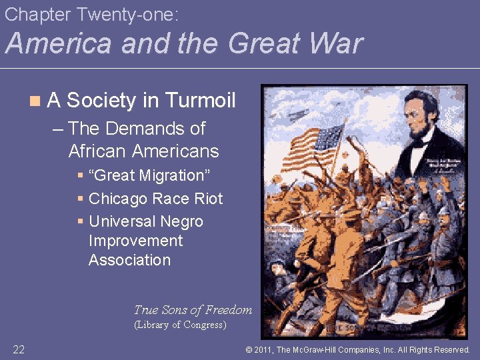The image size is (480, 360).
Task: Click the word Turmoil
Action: [200, 101]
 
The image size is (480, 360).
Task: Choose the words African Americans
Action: [143, 151]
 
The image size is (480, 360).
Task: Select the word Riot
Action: [208, 199]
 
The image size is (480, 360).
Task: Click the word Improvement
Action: [135, 241]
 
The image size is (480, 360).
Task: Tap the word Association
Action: [129, 260]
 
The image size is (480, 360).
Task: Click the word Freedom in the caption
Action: [229, 309]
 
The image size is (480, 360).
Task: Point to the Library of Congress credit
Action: [180, 325]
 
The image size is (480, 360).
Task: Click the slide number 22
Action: [19, 349]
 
